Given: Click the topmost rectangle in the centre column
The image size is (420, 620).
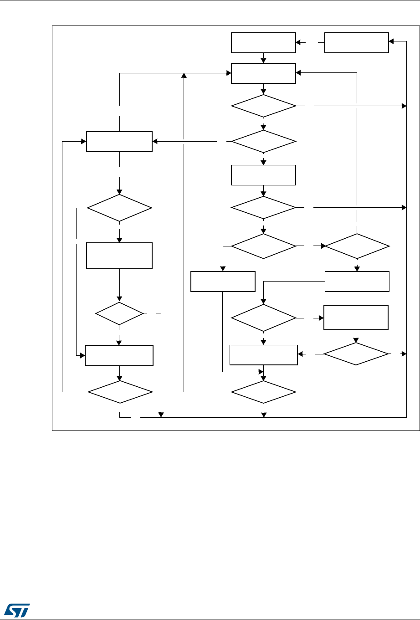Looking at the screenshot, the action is (263, 43).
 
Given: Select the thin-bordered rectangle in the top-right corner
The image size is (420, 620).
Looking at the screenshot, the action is (356, 43).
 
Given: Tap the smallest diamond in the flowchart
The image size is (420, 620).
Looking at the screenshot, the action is (119, 313).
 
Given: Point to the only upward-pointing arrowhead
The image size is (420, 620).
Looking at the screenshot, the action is (184, 75).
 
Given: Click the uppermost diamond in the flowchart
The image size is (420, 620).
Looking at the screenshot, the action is (263, 106).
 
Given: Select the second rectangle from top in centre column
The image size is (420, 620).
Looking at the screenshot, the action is (263, 73).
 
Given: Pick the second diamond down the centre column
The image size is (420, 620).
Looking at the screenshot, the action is (263, 142).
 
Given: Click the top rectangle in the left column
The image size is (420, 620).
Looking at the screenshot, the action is (119, 142).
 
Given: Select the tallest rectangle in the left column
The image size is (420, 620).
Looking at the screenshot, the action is (119, 256).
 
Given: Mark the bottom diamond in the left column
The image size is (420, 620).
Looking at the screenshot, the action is (119, 392).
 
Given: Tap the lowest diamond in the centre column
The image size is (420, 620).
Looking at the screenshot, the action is (263, 391).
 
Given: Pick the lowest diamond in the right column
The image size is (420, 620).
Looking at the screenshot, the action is (356, 354).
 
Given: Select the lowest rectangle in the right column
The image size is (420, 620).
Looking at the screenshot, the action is (356, 318).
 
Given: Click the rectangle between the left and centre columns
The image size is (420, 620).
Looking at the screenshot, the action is (222, 282).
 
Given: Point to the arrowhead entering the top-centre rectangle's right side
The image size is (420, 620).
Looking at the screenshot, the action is (298, 72).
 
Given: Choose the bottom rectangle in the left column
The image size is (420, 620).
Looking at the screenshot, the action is (119, 355).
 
